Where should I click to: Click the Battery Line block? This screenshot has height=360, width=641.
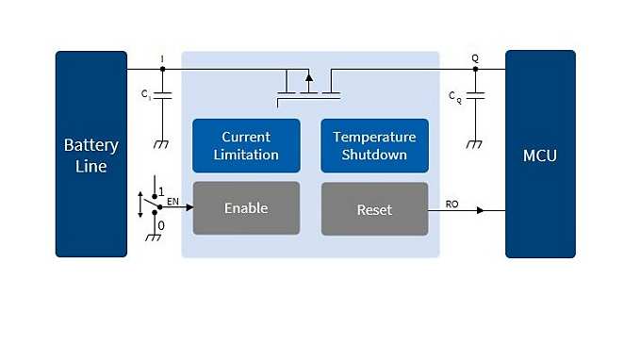click(x=90, y=155)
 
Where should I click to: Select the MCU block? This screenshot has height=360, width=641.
click(x=540, y=155)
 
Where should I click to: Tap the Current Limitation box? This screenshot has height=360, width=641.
click(x=245, y=145)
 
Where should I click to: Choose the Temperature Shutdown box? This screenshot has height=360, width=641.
click(x=374, y=145)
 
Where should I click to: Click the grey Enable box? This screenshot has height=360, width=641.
click(x=245, y=208)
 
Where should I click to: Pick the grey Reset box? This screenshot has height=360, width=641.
click(x=374, y=208)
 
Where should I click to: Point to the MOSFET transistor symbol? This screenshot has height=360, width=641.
click(x=308, y=84)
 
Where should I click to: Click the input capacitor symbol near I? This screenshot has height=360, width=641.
click(x=162, y=96)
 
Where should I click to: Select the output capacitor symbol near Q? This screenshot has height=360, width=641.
click(x=475, y=96)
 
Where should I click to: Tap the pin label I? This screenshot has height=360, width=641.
click(x=162, y=58)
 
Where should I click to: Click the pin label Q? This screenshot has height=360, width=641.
click(x=475, y=58)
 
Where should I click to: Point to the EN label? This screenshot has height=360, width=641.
click(x=173, y=200)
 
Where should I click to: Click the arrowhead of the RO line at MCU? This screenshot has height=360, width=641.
click(x=480, y=210)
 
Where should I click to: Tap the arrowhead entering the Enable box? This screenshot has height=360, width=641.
click(x=189, y=208)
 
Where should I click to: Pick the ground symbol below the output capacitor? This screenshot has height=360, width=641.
click(x=475, y=143)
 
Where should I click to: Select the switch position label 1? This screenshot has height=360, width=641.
click(x=161, y=190)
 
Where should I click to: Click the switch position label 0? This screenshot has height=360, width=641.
click(x=161, y=226)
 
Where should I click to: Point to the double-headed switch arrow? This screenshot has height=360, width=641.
click(x=142, y=205)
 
